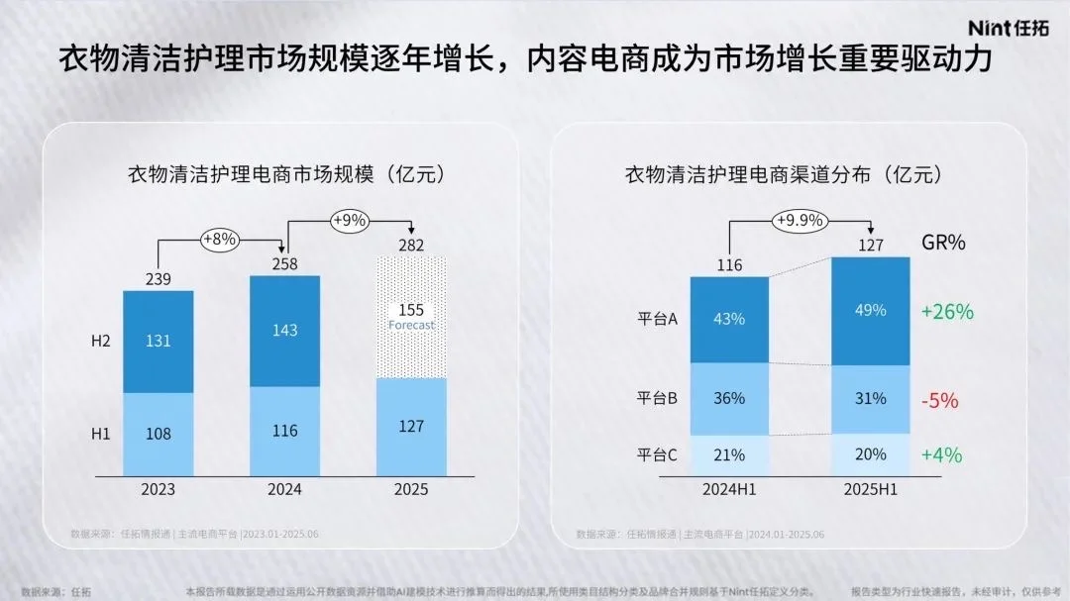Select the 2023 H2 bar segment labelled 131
[158, 341]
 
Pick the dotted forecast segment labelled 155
[411, 317]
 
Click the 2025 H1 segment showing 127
[411, 427]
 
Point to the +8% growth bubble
[219, 239]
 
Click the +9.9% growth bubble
[800, 220]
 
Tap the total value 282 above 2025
[411, 246]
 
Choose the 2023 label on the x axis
[158, 489]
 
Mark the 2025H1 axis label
[870, 489]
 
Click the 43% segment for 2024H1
[728, 319]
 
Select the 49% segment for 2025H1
[870, 311]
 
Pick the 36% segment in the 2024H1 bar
[728, 399]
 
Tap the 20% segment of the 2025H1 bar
[870, 454]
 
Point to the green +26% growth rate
[946, 312]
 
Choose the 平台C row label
[657, 455]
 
